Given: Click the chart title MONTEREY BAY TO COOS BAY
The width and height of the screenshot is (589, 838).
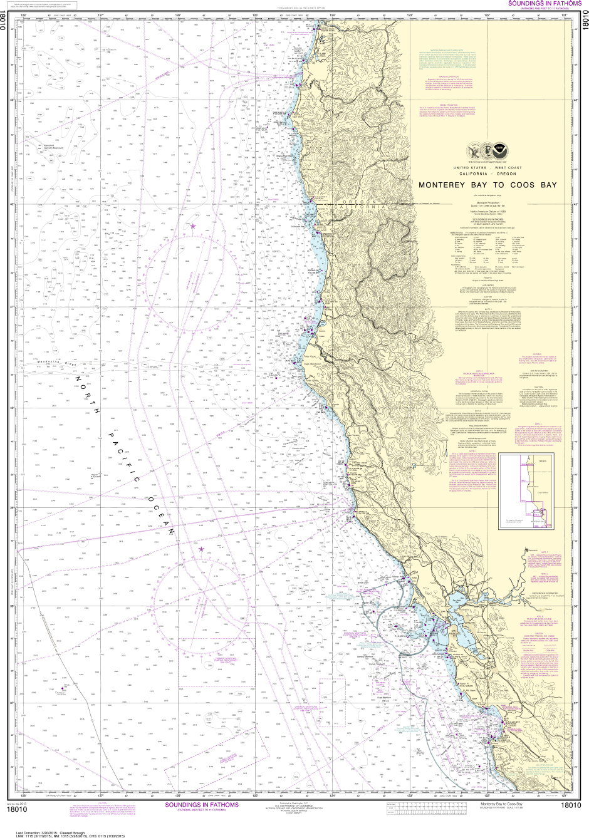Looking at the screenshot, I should pos(487,185).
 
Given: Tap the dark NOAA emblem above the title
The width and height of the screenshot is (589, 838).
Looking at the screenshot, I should pos(499,151).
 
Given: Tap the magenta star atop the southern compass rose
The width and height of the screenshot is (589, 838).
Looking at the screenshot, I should pos(201,549).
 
